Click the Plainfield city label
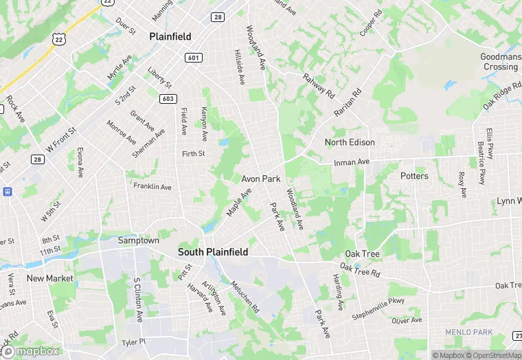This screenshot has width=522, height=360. tap(170, 36)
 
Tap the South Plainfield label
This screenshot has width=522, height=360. tap(213, 252)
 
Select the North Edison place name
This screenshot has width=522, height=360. tap(350, 142)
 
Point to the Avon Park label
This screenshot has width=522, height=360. tap(261, 179)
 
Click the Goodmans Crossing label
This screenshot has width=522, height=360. tap(499, 62)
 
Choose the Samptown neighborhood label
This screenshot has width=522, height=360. tap(139, 240)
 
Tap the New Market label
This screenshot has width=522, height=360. tap(49, 278)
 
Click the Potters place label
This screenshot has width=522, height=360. tap(414, 176)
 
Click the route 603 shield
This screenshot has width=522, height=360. tap(167, 99)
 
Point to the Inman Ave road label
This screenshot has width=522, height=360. tap(352, 163)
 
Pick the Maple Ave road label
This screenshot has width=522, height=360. tap(239, 202)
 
